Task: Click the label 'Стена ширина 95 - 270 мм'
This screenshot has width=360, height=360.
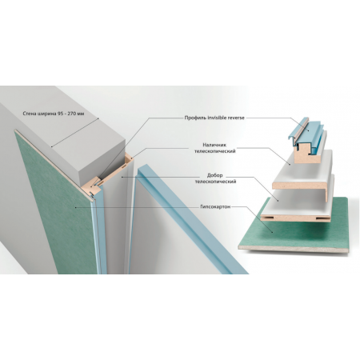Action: click(x=54, y=114)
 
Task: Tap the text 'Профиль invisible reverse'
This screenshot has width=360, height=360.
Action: click(x=214, y=118)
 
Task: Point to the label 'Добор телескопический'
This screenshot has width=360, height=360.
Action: click(x=215, y=178)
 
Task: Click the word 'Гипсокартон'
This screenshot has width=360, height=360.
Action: click(x=215, y=206)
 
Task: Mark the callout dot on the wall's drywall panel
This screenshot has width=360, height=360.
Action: click(x=76, y=207)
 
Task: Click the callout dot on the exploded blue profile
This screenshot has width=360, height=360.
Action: click(x=307, y=130)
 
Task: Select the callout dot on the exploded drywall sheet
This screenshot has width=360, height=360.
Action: click(x=273, y=232)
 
